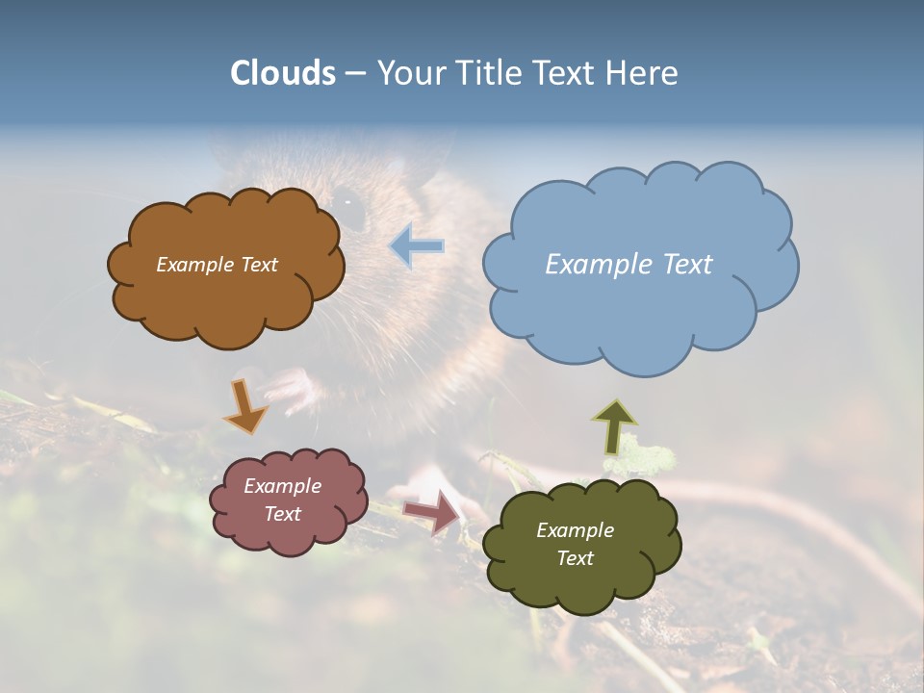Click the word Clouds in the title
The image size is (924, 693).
coord(283,73)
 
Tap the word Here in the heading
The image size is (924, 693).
coord(644,73)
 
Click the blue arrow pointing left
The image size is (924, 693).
coord(418,246)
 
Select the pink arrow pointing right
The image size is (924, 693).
coord(432,511)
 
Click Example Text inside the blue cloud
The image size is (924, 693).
coord(629,265)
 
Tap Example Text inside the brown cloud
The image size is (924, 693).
coord(217,265)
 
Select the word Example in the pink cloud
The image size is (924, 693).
coord(282,486)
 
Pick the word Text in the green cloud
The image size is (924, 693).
coord(575,558)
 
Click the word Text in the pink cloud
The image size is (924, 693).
coord(282,514)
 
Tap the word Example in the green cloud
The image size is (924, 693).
coord(575,530)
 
